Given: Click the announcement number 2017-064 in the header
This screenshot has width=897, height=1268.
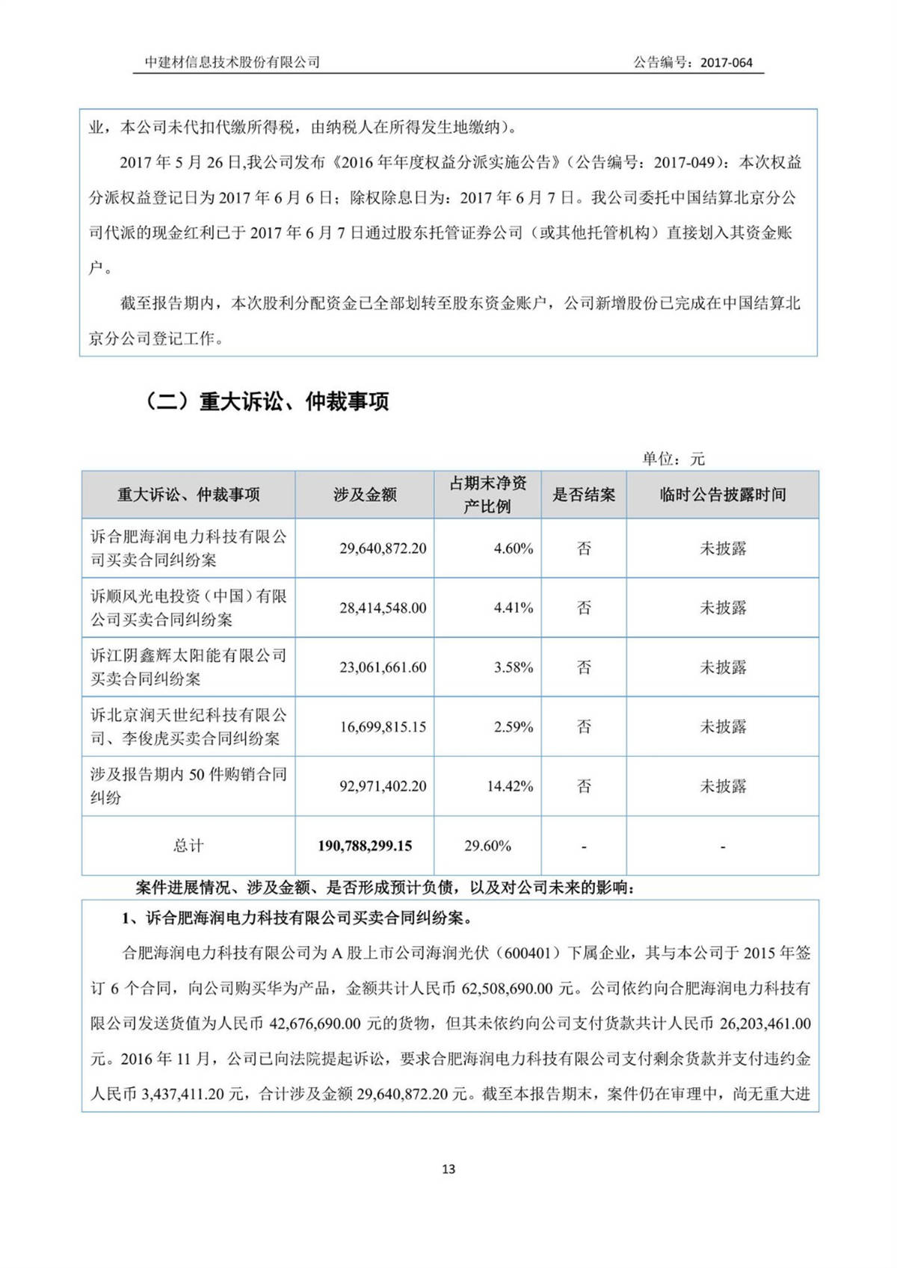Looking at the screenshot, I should pos(726,63).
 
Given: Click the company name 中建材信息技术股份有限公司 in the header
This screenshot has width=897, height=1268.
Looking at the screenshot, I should pos(232,62).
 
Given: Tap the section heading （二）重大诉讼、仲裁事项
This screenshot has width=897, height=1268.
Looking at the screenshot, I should pos(266,402).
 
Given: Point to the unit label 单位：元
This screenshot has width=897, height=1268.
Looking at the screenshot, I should pos(673,459).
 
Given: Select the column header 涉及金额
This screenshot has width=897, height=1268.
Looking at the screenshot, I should pos(365,495).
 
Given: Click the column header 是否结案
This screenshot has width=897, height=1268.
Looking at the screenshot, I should pos(584,495).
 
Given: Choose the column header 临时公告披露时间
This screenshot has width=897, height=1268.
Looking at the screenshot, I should pos(722,495).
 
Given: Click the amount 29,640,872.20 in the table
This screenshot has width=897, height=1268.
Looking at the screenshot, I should pos(383,548).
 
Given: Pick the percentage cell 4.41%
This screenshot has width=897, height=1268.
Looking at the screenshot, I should pos(513,608).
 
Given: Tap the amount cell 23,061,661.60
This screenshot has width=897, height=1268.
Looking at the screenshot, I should pos(383,667).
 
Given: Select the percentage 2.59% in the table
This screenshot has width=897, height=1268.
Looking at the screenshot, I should pos(513,726).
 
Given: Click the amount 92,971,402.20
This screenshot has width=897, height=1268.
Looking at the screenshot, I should pos(383,786).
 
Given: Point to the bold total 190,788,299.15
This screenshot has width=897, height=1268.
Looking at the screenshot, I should pos(365,846).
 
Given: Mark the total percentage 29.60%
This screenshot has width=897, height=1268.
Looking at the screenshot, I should pos(487,846).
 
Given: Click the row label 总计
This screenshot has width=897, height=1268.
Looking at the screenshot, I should pos(188,846).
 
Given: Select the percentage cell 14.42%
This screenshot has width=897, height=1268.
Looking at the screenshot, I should pos(510,786).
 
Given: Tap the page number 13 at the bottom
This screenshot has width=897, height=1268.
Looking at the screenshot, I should pos(449,1169).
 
